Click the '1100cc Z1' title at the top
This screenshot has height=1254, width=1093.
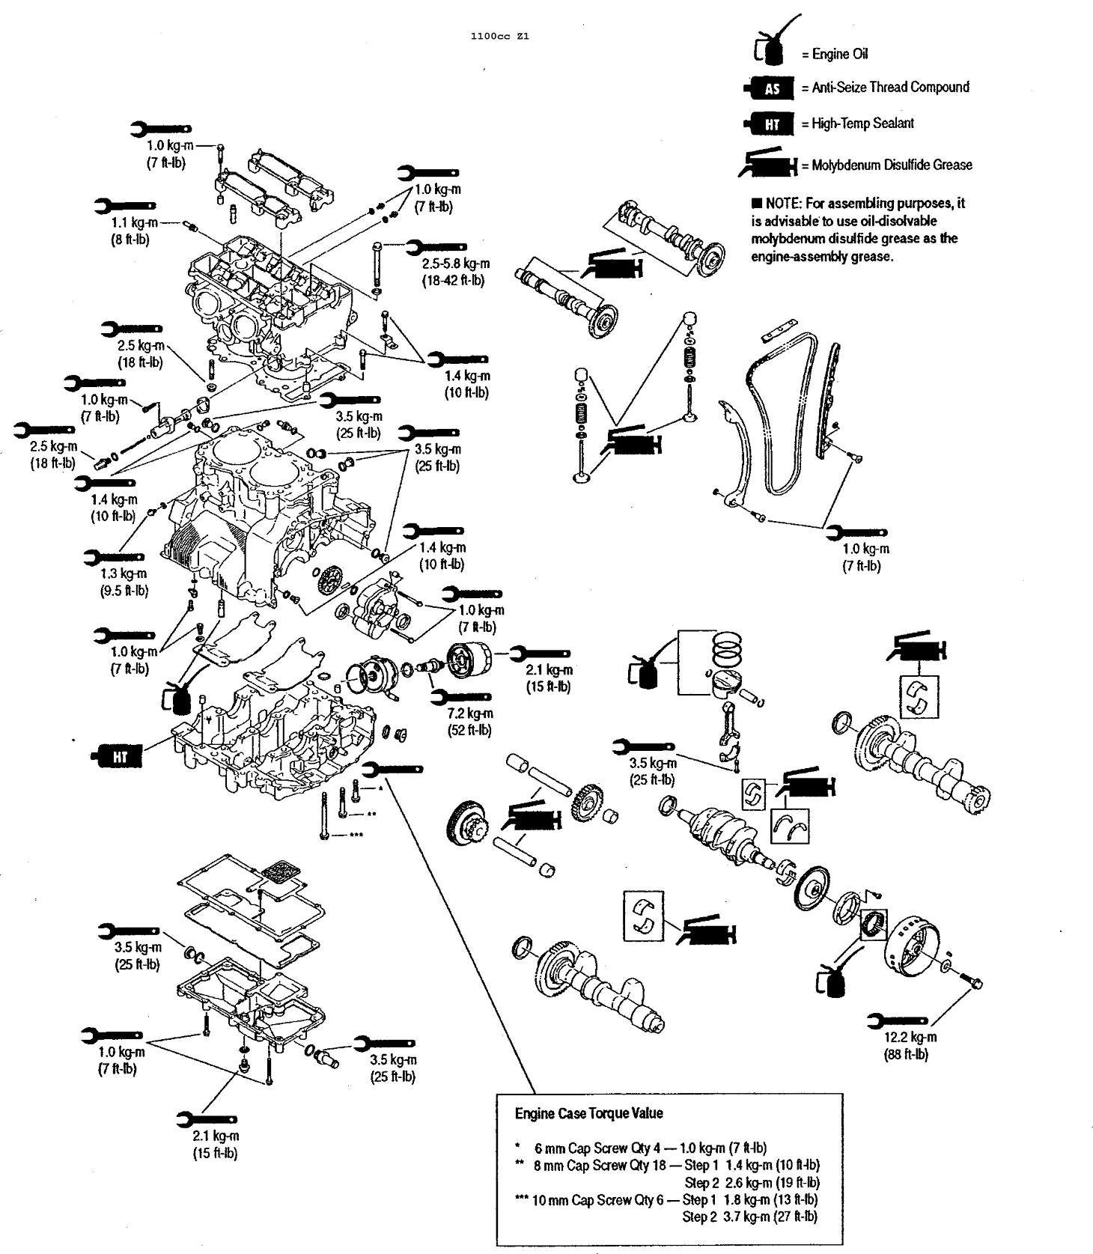click(499, 36)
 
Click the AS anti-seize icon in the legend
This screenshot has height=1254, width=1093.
click(770, 88)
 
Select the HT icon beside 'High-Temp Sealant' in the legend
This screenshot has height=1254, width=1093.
click(770, 124)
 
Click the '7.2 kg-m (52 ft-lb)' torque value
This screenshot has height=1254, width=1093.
click(469, 722)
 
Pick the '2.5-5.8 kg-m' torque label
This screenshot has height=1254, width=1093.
click(455, 264)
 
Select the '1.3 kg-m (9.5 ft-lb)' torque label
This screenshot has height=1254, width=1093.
click(124, 582)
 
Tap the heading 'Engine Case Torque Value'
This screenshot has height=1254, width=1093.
click(588, 1113)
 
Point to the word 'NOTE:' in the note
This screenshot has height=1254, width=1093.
click(783, 204)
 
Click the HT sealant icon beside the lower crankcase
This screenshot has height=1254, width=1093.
click(118, 757)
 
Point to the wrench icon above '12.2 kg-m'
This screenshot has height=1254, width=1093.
click(897, 1020)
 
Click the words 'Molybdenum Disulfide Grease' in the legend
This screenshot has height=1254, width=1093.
click(892, 165)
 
